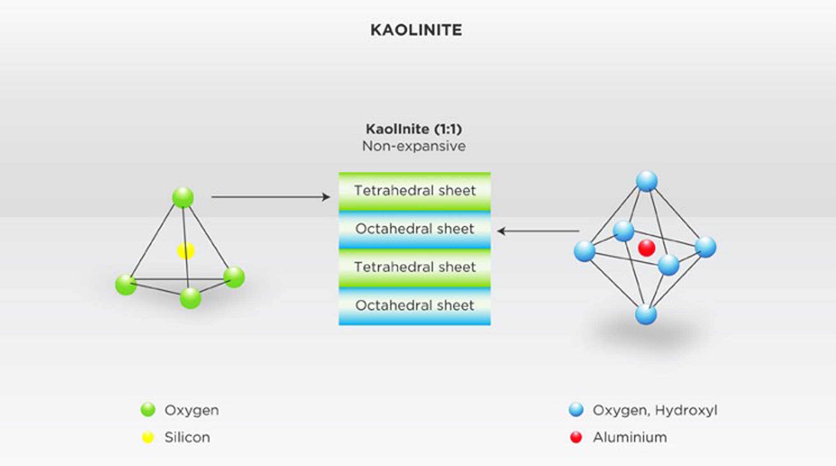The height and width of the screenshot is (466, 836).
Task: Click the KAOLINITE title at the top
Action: click(416, 30)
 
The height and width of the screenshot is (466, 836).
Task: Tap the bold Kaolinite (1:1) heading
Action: click(414, 129)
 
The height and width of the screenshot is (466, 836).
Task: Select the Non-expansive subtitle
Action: click(414, 146)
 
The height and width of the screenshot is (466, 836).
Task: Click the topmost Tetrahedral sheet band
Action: click(415, 191)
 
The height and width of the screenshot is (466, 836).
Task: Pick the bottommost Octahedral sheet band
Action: click(415, 306)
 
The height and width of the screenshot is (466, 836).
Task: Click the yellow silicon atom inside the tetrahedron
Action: click(186, 251)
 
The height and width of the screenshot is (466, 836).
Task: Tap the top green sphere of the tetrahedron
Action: click(183, 197)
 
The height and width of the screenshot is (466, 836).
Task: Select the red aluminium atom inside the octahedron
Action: click(646, 248)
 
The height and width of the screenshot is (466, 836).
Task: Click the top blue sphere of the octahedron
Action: click(647, 181)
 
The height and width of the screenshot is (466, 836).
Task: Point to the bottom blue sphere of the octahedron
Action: click(646, 314)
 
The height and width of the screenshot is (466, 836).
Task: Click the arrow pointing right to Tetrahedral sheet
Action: click(270, 197)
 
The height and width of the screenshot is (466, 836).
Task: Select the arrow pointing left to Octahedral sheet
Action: click(538, 231)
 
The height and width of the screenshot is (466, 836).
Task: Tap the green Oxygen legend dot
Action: click(148, 410)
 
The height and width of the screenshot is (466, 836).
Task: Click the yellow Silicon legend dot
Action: click(148, 437)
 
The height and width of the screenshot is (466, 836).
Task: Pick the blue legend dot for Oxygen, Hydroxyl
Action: click(576, 410)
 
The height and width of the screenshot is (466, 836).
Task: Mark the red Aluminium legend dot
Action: click(576, 437)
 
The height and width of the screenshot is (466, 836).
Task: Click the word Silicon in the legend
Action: click(187, 437)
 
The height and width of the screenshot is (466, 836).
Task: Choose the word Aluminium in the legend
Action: click(630, 437)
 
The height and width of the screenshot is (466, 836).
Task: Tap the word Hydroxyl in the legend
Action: click(686, 410)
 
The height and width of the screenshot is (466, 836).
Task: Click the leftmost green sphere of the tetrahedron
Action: click(126, 284)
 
